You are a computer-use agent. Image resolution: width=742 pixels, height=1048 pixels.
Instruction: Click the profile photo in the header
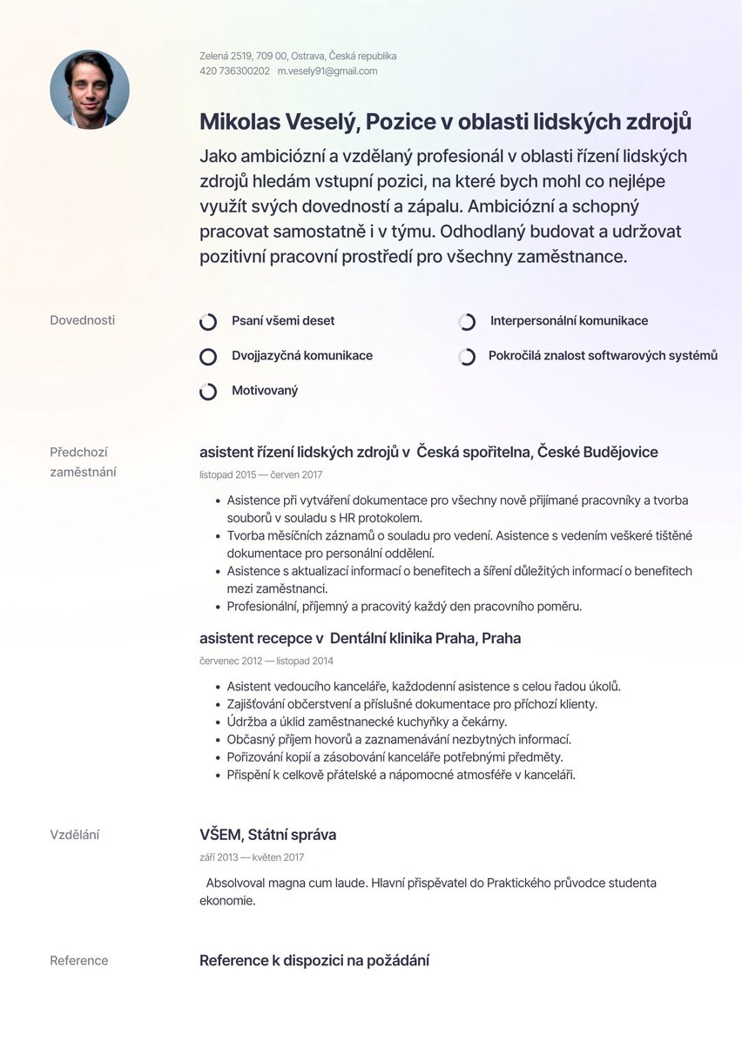(90, 90)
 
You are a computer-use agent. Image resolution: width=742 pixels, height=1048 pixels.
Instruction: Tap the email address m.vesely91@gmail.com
(327, 71)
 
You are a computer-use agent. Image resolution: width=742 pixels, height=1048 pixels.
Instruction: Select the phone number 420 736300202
(234, 71)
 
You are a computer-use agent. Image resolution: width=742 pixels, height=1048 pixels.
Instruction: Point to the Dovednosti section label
(82, 320)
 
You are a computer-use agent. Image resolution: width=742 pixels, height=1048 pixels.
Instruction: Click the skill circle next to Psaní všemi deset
(208, 322)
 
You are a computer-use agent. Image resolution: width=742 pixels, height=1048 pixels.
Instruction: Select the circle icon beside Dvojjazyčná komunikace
(208, 357)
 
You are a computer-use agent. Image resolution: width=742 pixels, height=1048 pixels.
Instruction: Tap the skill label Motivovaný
(264, 391)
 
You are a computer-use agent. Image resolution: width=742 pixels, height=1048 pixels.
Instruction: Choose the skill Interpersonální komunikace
(568, 321)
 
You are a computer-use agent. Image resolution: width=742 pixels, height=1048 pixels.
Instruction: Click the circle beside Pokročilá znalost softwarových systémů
(467, 357)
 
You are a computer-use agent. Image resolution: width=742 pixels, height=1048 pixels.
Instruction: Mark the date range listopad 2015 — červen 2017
(260, 475)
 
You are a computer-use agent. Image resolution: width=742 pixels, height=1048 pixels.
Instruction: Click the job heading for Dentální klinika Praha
(360, 639)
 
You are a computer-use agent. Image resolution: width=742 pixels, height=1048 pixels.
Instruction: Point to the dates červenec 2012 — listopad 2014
(266, 662)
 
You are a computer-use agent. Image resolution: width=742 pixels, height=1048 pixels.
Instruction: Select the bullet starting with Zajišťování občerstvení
(411, 704)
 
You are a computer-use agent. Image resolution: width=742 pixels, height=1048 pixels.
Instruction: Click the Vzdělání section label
(74, 836)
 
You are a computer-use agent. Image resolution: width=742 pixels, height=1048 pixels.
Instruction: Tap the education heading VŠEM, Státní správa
(267, 836)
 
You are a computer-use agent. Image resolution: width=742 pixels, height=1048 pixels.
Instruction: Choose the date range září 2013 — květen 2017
(252, 858)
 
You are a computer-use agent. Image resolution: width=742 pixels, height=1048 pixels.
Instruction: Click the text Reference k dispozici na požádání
(314, 961)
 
